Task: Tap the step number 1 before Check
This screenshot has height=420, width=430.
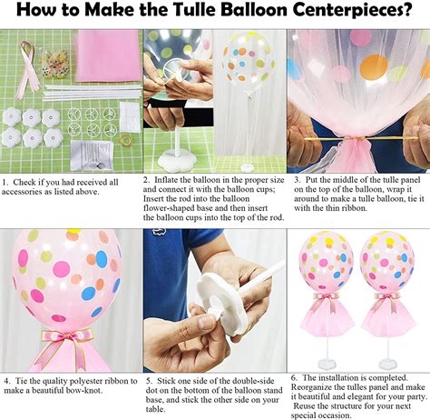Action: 4,182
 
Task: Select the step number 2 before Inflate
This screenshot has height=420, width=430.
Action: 147,180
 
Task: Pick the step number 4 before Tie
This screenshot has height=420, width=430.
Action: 5,379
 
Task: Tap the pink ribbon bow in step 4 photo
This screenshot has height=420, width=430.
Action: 67,340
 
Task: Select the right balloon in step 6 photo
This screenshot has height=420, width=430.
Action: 387,261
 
